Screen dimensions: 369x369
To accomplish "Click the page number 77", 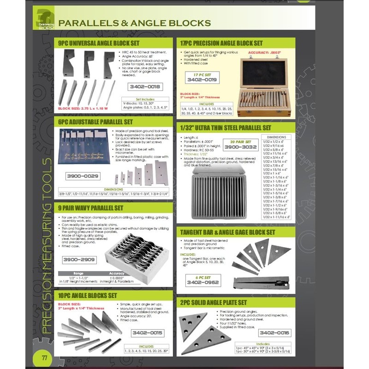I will click(x=44, y=358).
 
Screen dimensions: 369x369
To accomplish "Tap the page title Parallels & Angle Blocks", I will click(x=135, y=23).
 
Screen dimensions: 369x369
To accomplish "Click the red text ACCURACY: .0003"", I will click(x=265, y=53).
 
